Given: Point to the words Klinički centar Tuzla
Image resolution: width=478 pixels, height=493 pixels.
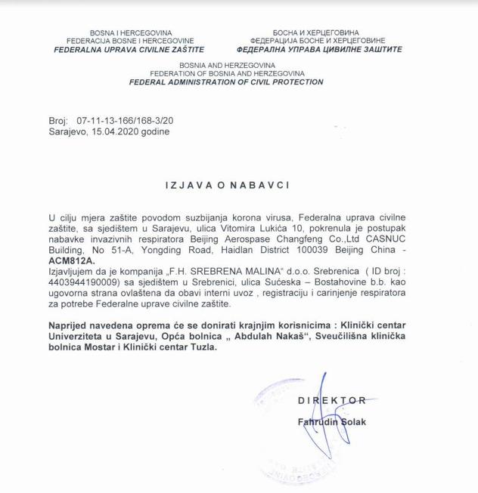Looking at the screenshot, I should (167, 348).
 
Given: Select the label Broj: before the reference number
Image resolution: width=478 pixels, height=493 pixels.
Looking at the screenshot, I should (57, 121).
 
